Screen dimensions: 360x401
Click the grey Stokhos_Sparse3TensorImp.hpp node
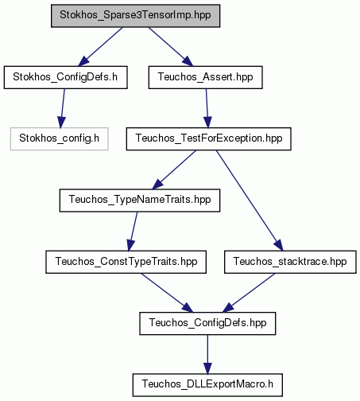tap(135, 16)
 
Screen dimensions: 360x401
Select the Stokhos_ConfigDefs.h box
tap(65, 77)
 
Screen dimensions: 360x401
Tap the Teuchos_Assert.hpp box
tap(206, 77)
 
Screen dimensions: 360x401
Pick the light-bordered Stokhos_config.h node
tap(60, 139)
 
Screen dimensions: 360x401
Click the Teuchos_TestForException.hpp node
tap(209, 139)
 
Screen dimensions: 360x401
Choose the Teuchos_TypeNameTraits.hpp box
tap(140, 200)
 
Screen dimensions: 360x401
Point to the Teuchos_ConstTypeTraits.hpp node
tap(126, 262)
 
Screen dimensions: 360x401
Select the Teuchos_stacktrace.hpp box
tap(290, 262)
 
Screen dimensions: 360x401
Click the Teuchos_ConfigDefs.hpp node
tap(207, 324)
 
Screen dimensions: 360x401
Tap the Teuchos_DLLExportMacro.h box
tap(207, 385)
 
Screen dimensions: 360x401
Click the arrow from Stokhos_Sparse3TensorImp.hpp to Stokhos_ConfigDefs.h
tap(100, 47)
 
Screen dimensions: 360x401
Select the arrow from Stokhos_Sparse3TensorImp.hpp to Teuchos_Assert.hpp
tap(171, 47)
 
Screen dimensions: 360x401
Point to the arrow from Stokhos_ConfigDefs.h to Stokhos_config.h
tap(62, 108)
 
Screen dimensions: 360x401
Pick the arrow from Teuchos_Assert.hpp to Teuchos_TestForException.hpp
tap(207, 108)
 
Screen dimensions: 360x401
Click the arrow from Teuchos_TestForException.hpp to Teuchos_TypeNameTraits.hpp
tap(174, 169)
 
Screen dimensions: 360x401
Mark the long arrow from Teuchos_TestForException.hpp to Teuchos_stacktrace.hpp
tap(250, 200)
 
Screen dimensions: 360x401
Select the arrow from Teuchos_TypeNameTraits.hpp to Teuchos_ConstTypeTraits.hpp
tap(133, 232)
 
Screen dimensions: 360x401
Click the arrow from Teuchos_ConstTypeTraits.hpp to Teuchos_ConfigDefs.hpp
tap(167, 293)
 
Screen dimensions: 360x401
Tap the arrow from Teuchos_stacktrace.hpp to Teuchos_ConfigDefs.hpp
tap(249, 293)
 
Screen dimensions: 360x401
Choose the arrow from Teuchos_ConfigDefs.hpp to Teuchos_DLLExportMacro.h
tap(207, 354)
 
